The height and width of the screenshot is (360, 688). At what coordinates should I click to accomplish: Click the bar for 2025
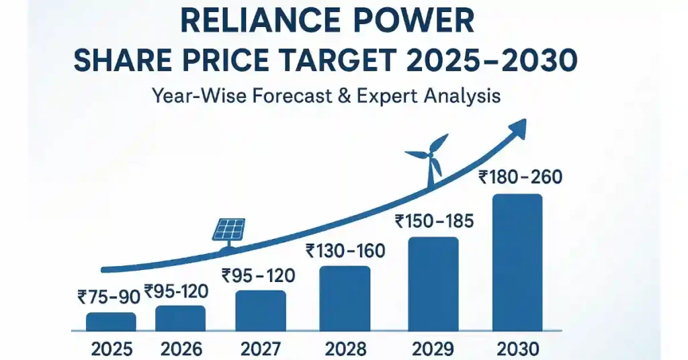[111, 322]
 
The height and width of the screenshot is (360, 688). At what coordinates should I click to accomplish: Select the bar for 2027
[260, 311]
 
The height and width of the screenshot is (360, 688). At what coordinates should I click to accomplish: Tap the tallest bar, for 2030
[517, 263]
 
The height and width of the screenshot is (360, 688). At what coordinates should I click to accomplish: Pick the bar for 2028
[345, 298]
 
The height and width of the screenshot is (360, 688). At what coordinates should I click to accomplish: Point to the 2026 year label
[181, 349]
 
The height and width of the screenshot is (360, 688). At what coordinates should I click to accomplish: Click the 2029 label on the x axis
[433, 349]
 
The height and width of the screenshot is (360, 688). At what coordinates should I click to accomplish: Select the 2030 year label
[517, 349]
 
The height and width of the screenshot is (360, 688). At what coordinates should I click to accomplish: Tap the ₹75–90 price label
[108, 296]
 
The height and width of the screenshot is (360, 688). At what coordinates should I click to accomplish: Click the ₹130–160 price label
[345, 251]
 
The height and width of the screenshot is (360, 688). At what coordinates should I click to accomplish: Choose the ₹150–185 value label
[434, 220]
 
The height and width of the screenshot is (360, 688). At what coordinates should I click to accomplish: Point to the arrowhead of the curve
[517, 128]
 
